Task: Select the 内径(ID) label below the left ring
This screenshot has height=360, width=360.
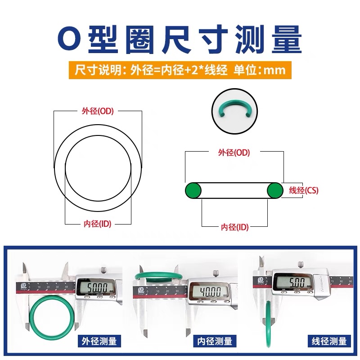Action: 97,224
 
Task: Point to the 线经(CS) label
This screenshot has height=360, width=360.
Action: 303,190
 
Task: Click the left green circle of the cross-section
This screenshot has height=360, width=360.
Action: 194,190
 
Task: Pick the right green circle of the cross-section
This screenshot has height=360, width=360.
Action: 275,190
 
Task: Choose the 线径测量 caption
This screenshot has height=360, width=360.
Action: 329,341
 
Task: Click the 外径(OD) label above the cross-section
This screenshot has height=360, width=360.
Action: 234,153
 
